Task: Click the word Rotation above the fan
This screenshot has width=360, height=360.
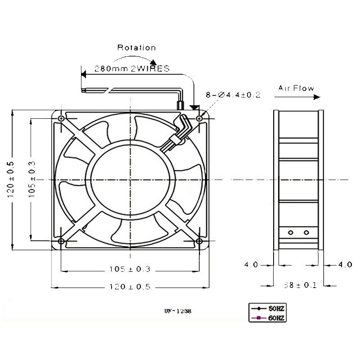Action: (x=137, y=48)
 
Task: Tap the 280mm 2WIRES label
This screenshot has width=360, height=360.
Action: (x=132, y=68)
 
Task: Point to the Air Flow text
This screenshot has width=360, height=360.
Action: (x=296, y=88)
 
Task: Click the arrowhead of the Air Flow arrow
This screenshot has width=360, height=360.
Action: (x=317, y=97)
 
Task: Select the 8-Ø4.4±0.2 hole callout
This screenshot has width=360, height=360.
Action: (x=233, y=94)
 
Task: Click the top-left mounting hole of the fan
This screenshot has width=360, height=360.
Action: (x=61, y=118)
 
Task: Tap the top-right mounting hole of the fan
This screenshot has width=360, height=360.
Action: (x=199, y=118)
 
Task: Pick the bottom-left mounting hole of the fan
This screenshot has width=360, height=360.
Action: (x=61, y=241)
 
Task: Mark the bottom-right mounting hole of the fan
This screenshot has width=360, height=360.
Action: (x=199, y=241)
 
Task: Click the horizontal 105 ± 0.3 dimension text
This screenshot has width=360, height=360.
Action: (x=130, y=269)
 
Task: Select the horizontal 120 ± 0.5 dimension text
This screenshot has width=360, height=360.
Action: (x=130, y=287)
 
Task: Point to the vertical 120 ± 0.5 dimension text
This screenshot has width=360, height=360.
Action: (x=11, y=180)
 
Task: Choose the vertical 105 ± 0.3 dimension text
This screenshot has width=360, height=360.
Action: (x=32, y=180)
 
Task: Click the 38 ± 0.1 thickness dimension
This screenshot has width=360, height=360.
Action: (x=300, y=285)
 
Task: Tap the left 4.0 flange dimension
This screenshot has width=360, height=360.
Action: (x=251, y=265)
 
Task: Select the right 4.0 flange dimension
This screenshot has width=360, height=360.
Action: (x=345, y=265)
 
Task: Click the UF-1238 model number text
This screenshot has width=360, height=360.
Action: (x=178, y=311)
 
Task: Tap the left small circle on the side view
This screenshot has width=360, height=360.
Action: (x=291, y=233)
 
